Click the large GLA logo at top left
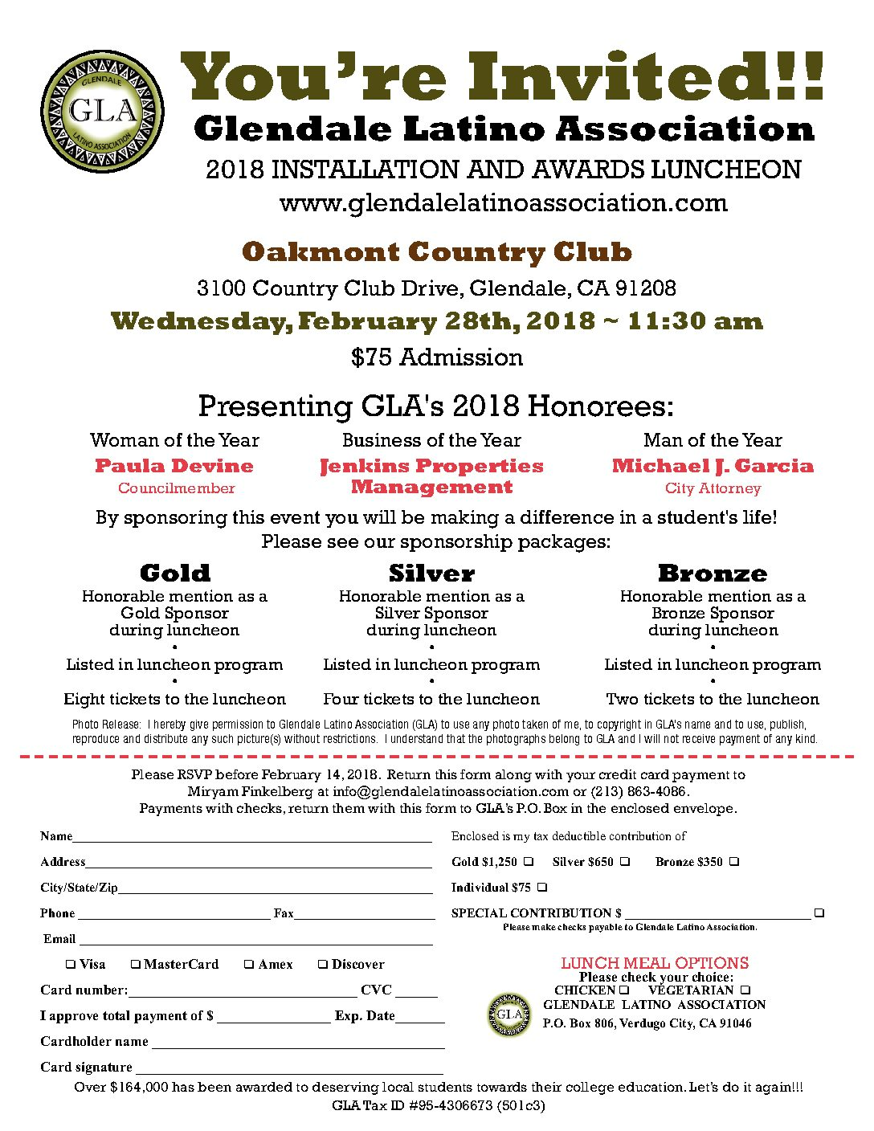102,111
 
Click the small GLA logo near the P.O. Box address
509,1015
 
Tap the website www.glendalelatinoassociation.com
503,203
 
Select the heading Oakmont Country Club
437,252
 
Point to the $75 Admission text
437,357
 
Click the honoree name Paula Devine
174,466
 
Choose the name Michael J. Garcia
713,466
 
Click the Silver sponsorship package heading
431,574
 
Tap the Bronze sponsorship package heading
713,574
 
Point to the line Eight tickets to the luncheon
174,699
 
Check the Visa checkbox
71,964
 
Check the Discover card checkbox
323,964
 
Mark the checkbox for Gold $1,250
529,862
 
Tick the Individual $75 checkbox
542,888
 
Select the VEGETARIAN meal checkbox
745,990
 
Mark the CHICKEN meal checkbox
624,990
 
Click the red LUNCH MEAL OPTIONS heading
655,963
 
